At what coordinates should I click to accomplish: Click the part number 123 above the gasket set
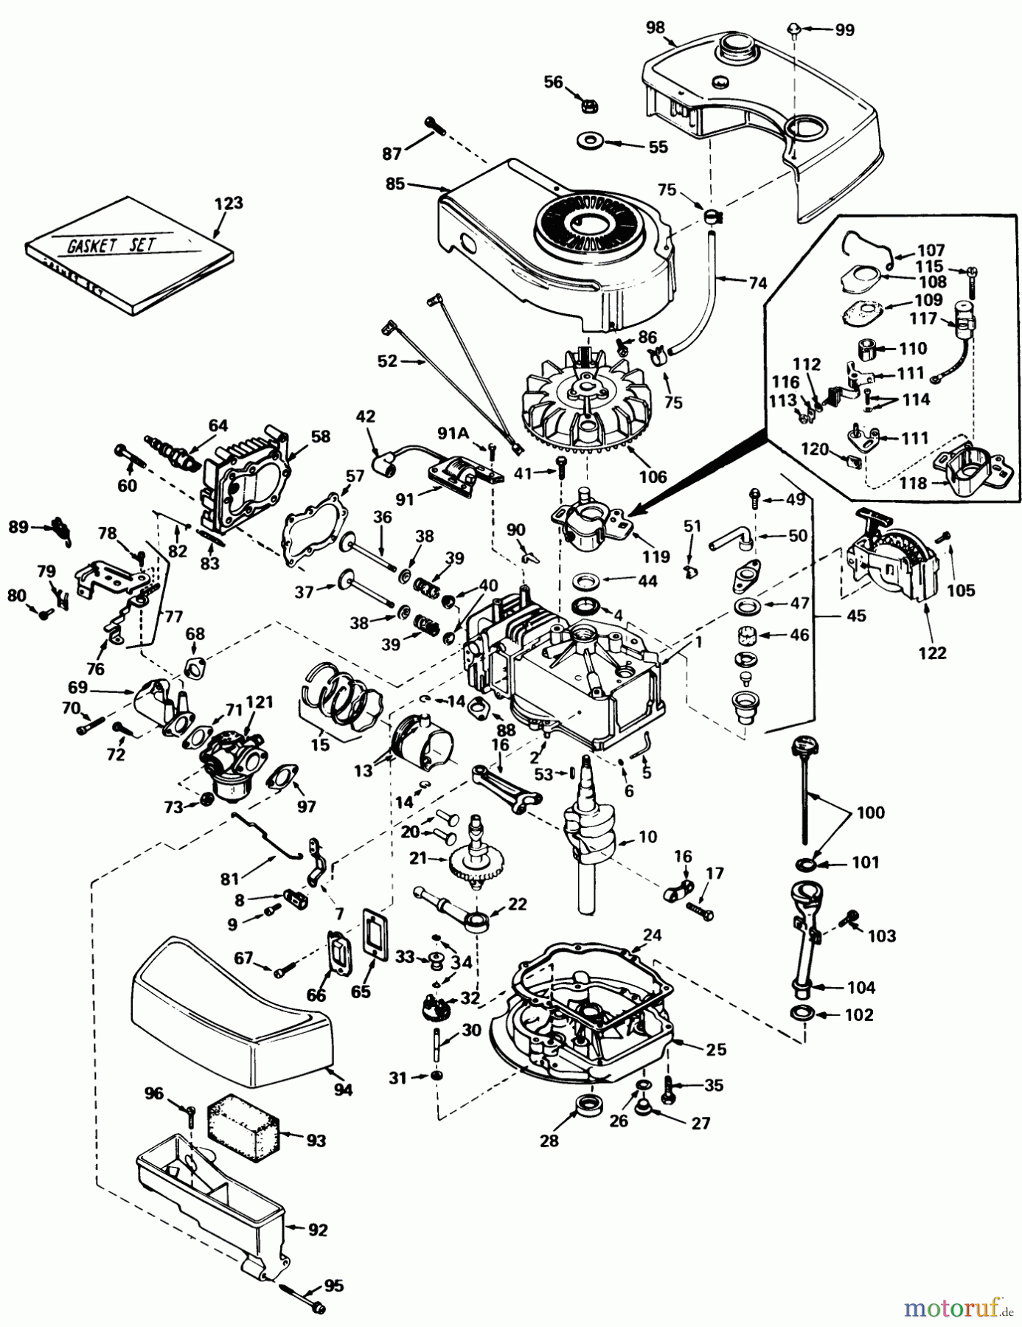tap(228, 203)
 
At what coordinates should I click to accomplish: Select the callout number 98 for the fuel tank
tap(655, 28)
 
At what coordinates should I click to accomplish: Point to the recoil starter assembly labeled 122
tap(894, 561)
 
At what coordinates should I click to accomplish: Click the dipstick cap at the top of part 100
tap(800, 749)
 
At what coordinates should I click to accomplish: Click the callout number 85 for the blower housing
tap(395, 184)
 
